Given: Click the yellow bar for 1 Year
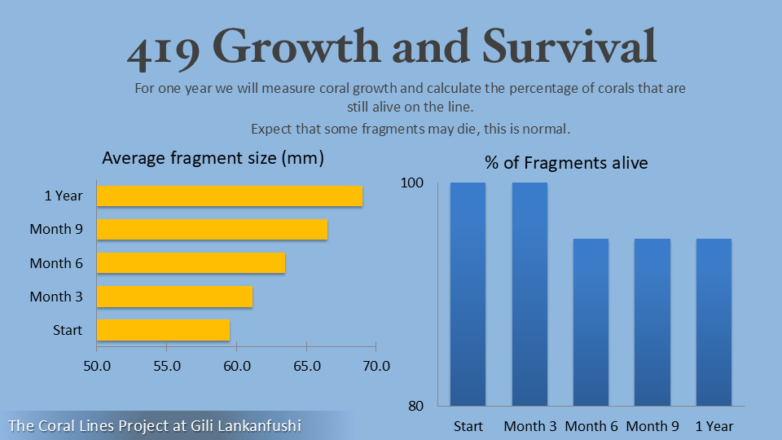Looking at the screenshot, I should coord(230,196).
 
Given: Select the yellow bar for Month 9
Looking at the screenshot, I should coord(212,230).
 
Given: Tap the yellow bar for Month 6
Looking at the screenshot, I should coord(191,263).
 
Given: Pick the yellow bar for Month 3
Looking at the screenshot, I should coord(174,297).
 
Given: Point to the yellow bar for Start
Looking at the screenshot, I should coord(163,330).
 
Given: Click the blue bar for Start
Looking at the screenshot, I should coord(468,293).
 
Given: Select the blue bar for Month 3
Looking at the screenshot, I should coord(529,293).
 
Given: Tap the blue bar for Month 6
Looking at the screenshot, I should coord(591,322).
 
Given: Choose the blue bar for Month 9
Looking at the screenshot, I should coord(652,322).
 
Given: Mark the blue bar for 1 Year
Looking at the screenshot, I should coord(714,322).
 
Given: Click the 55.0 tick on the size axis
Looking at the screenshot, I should coord(167,367).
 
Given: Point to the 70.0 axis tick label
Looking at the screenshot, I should coord(376,367).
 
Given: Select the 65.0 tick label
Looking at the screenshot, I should coord(306,367).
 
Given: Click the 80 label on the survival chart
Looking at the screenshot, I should coord(415,405).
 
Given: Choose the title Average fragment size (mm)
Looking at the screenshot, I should coord(213,158).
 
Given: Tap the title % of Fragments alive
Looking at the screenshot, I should coord(566,163).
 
